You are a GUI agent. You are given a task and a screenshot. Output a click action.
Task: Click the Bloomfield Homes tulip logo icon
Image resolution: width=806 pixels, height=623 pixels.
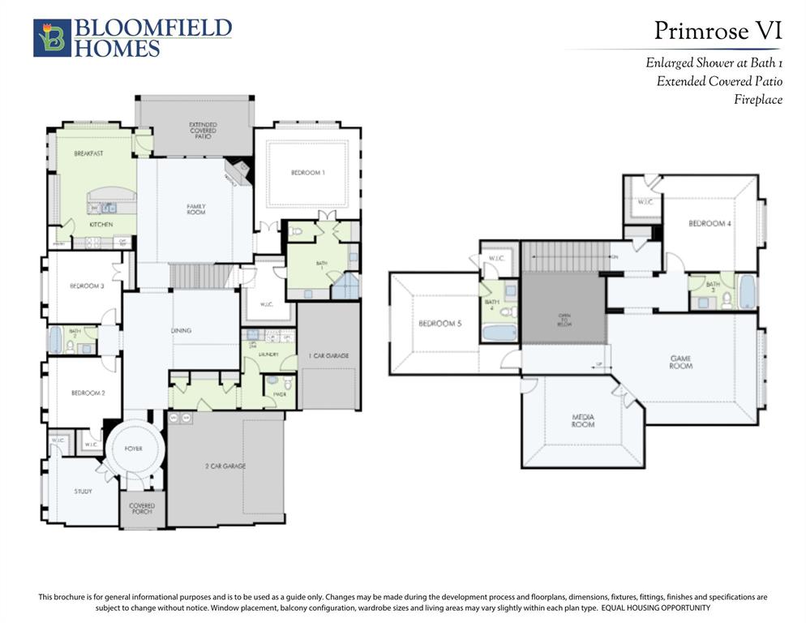52,38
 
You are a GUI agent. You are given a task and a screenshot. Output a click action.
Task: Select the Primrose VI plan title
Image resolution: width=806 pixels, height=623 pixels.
718,31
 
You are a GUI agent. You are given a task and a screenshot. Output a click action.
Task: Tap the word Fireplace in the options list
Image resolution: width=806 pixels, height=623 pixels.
757,100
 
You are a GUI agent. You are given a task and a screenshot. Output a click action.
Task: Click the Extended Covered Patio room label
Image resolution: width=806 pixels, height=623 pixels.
203,131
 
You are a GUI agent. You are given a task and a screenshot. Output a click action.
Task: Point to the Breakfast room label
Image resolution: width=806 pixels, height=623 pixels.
88,153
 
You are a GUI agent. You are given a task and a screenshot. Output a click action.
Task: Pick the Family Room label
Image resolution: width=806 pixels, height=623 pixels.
196,209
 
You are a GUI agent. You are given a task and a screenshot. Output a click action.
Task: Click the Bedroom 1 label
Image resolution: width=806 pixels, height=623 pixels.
307,173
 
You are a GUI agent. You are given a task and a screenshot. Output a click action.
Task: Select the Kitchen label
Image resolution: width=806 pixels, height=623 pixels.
101,224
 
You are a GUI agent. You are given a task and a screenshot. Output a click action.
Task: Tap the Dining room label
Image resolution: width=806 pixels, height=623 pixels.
182,330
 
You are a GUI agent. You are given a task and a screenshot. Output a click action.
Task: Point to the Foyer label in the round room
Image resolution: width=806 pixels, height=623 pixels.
133,449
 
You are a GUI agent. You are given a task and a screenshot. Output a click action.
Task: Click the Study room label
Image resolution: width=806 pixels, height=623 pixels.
83,491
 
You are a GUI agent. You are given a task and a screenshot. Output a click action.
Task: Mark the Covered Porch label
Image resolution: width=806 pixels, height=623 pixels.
142,509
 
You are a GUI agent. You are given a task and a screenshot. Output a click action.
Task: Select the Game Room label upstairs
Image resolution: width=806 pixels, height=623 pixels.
680,362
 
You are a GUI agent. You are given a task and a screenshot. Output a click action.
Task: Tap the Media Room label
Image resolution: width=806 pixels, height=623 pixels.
582,420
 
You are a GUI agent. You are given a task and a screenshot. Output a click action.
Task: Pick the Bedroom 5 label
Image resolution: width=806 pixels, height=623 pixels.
439,324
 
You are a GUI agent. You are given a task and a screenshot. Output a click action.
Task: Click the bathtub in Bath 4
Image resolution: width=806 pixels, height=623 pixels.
500,333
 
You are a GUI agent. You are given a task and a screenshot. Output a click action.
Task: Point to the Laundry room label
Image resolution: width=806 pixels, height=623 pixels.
268,354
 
